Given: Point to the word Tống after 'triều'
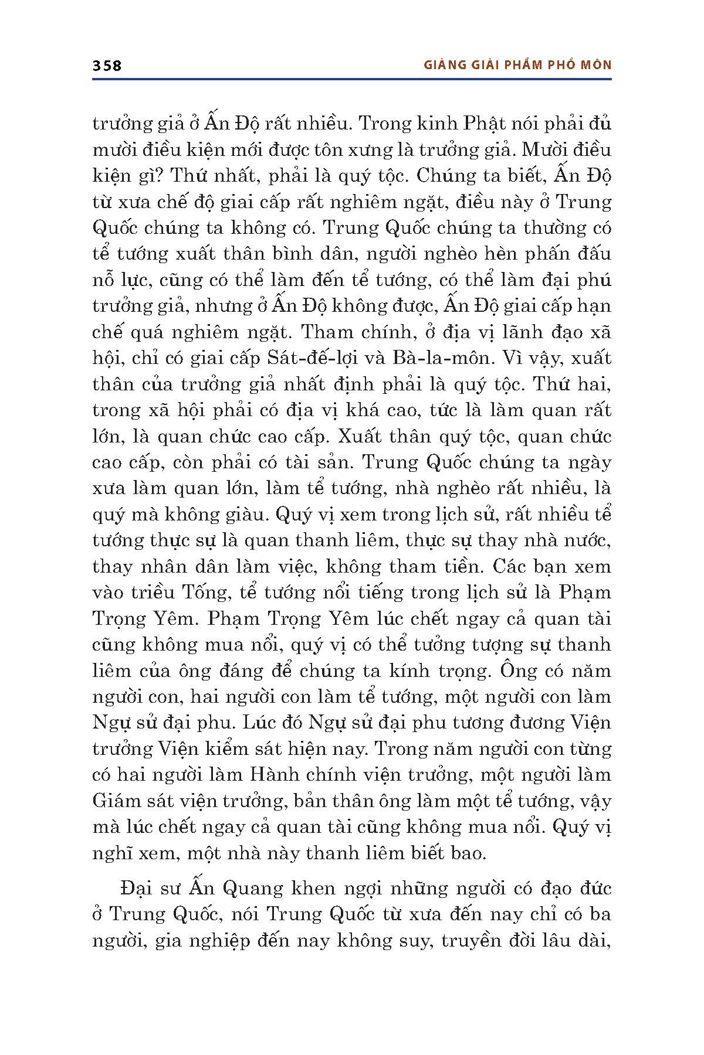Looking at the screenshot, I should click(203, 592).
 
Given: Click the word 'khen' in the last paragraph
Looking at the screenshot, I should click(310, 889).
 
